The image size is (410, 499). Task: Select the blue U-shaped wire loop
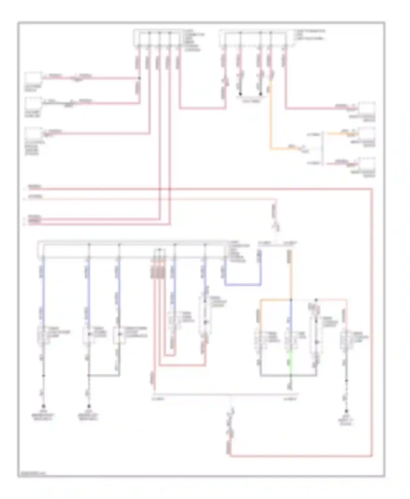click(x=243, y=285)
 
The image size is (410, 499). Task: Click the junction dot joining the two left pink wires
click(x=139, y=78)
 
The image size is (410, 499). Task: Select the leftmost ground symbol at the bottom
click(x=43, y=406)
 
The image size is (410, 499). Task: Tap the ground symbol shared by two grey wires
click(x=89, y=406)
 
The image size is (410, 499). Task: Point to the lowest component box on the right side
click(x=367, y=164)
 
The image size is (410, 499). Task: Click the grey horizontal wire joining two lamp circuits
click(x=104, y=376)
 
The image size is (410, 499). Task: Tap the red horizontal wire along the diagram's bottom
click(x=301, y=456)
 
